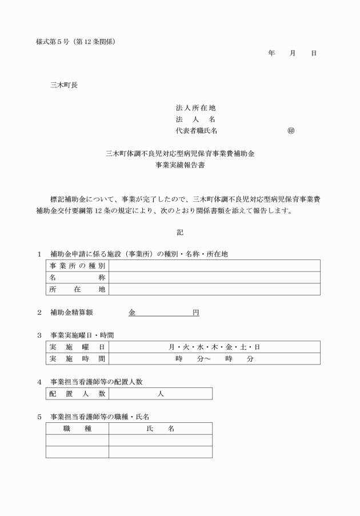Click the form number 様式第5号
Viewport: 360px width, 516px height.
(x=51, y=42)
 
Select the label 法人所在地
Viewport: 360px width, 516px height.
(x=195, y=108)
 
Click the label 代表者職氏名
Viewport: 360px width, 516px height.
(x=197, y=131)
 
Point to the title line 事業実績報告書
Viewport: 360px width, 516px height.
(x=180, y=165)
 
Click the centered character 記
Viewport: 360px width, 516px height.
(x=180, y=233)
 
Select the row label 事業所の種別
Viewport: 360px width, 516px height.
(x=77, y=266)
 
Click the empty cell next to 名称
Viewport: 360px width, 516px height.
(x=214, y=278)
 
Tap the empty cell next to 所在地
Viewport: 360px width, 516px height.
(x=214, y=289)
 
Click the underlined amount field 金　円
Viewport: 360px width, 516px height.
(x=163, y=313)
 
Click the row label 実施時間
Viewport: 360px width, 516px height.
(x=77, y=359)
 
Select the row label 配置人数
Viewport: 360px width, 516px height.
(x=77, y=394)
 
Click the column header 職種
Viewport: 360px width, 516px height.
(x=77, y=429)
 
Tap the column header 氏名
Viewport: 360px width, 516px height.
(x=161, y=429)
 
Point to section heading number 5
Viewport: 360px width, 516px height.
(x=39, y=417)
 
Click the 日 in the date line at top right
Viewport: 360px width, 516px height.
(x=314, y=53)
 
